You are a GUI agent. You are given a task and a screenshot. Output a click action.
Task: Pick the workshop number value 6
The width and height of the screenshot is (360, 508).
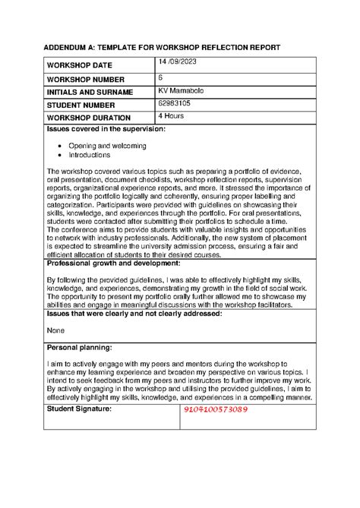[161, 78]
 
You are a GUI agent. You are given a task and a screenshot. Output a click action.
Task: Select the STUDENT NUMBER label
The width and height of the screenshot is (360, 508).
[83, 105]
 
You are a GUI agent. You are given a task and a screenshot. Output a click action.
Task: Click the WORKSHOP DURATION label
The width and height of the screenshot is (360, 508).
[89, 118]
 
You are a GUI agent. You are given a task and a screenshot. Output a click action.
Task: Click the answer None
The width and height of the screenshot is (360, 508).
[55, 330]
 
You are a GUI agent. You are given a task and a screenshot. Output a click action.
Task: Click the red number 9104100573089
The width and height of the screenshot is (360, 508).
[226, 410]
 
